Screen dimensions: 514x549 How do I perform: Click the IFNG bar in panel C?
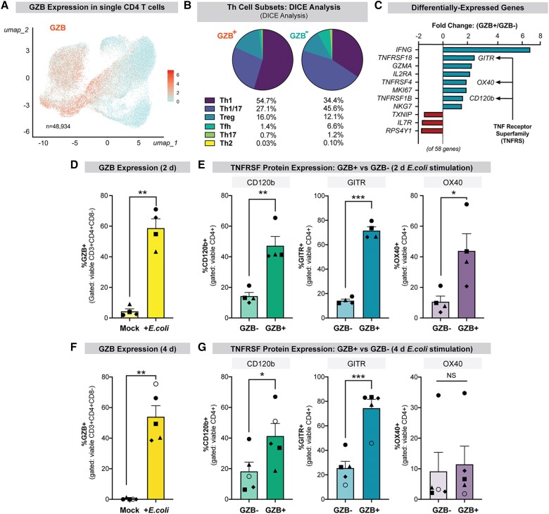coord(486,49)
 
